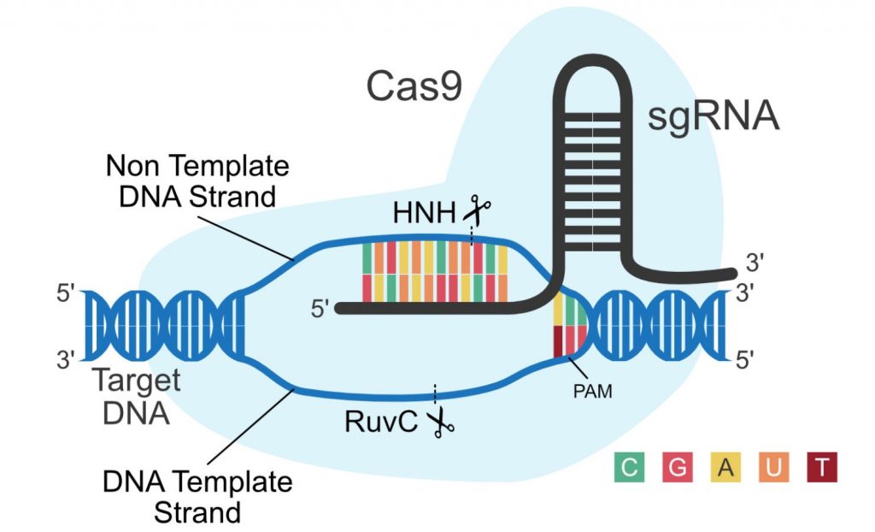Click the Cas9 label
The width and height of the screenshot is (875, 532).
(414, 86)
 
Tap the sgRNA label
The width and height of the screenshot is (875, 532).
(714, 116)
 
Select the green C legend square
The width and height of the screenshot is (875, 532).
(629, 467)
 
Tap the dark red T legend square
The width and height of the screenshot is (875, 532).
(821, 467)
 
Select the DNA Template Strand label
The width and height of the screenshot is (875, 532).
(197, 496)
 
